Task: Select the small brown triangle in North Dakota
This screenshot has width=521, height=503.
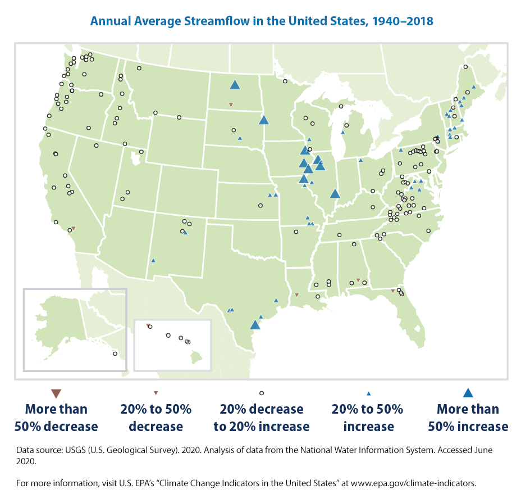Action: click(231, 105)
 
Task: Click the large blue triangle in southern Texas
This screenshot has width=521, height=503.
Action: click(255, 325)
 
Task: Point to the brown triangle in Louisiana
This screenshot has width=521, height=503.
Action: click(296, 294)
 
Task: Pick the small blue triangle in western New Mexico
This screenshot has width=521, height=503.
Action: click(153, 260)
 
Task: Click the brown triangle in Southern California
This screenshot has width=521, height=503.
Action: click(74, 228)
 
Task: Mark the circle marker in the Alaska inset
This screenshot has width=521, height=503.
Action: click(115, 354)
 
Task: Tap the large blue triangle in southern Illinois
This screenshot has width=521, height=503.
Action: click(335, 194)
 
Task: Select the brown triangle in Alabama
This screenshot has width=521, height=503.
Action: click(358, 280)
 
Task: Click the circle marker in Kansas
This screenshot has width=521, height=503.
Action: click(260, 206)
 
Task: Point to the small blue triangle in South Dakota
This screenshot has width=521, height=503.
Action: click(240, 138)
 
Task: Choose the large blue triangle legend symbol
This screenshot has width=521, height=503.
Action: click(468, 393)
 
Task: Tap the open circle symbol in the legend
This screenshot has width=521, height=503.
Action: click(262, 393)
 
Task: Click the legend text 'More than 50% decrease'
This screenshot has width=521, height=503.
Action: click(56, 418)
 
